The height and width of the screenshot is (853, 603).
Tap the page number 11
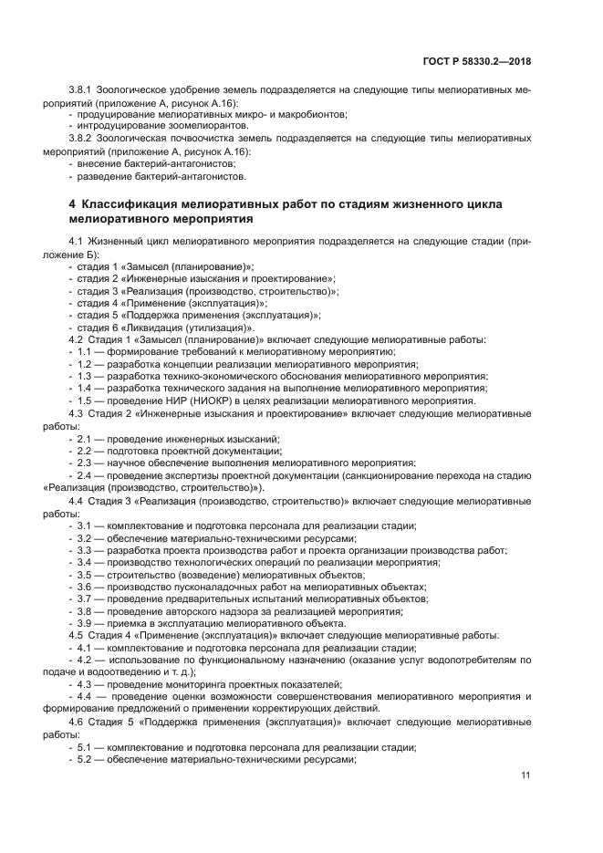coord(525,775)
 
